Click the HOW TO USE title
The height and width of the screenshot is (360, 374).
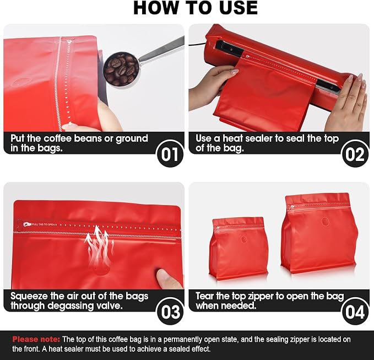point(196,8)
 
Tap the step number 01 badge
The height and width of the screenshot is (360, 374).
point(170,154)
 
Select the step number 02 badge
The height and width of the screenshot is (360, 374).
point(355,154)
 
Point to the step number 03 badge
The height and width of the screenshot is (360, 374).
point(170,311)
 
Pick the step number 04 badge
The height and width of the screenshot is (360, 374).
point(355,311)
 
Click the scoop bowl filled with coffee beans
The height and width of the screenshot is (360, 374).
point(121,69)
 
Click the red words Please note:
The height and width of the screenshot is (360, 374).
point(36,339)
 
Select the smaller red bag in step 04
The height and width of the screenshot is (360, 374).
point(239,248)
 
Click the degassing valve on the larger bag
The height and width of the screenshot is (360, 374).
point(326,222)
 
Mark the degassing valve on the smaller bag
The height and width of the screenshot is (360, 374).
point(244,239)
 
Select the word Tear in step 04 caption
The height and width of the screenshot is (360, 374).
point(205,296)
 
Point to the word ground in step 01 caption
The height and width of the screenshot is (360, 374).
point(132,139)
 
